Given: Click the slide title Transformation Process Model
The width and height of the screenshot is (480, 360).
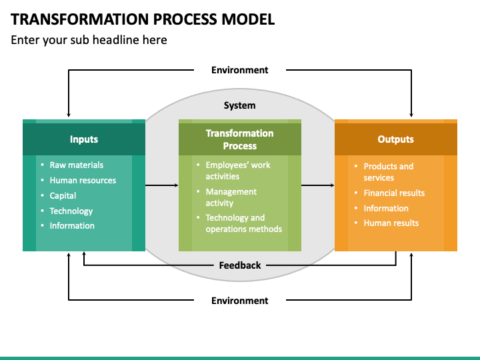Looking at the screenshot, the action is pyautogui.click(x=143, y=19).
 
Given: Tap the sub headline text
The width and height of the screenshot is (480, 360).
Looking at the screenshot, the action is pyautogui.click(x=89, y=40).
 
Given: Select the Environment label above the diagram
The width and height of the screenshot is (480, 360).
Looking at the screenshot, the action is pyautogui.click(x=240, y=70).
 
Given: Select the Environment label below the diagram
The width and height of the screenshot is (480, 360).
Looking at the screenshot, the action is pyautogui.click(x=240, y=301).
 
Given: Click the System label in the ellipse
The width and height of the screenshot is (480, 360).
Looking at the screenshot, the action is pyautogui.click(x=240, y=105).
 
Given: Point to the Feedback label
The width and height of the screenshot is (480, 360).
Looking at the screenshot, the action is pyautogui.click(x=240, y=265).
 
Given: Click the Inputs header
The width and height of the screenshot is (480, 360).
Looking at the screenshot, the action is pyautogui.click(x=84, y=139).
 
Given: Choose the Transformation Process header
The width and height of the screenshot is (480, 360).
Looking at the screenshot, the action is pyautogui.click(x=240, y=139).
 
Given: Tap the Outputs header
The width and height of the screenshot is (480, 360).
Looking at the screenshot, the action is pyautogui.click(x=395, y=139).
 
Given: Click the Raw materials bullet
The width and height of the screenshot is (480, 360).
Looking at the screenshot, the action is pyautogui.click(x=77, y=165).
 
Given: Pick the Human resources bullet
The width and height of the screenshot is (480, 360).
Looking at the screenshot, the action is pyautogui.click(x=83, y=180).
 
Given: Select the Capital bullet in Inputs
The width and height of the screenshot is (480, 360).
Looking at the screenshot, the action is pyautogui.click(x=63, y=195).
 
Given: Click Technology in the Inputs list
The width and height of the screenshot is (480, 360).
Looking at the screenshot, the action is pyautogui.click(x=71, y=211).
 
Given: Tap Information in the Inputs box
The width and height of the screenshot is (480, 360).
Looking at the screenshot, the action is pyautogui.click(x=72, y=225).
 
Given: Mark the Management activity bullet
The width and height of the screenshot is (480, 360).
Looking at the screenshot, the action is pyautogui.click(x=231, y=197).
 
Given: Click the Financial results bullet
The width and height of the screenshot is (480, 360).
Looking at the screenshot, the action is pyautogui.click(x=394, y=193).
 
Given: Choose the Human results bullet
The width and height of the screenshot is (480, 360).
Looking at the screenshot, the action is pyautogui.click(x=391, y=223).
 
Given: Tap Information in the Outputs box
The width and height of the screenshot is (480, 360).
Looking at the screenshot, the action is pyautogui.click(x=386, y=208).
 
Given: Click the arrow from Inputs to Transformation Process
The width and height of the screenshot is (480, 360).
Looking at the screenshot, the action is pyautogui.click(x=161, y=185).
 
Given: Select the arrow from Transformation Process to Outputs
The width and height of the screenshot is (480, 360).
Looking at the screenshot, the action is pyautogui.click(x=318, y=185).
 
